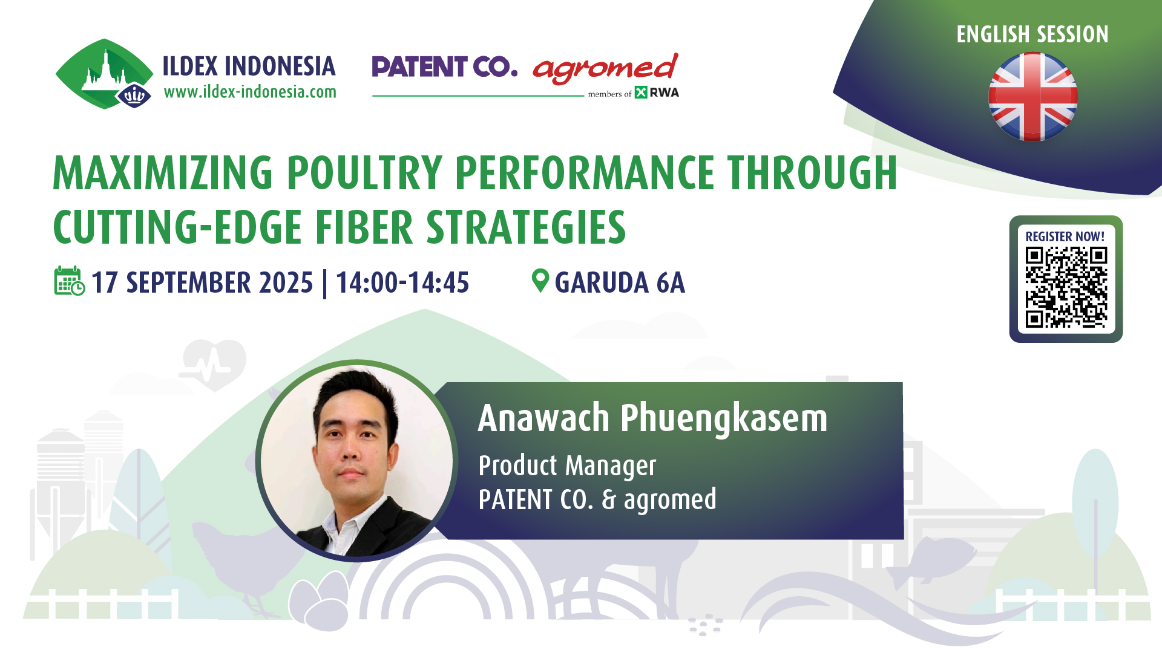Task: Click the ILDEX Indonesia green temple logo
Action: point(104,74)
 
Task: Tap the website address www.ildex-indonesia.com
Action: point(250,92)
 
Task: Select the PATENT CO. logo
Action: point(445,67)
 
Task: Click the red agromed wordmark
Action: point(605,68)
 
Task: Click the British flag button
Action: point(1032,97)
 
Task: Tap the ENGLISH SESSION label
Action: point(1032,34)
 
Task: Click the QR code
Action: point(1066,287)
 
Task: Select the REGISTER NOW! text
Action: point(1065,236)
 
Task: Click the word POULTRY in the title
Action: point(364,173)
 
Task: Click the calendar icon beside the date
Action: point(70,281)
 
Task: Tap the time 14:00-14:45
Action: point(402,282)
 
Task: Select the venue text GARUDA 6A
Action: point(620,282)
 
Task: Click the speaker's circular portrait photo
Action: point(356,461)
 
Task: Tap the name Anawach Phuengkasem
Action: point(652,418)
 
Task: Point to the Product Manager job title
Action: point(567,466)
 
